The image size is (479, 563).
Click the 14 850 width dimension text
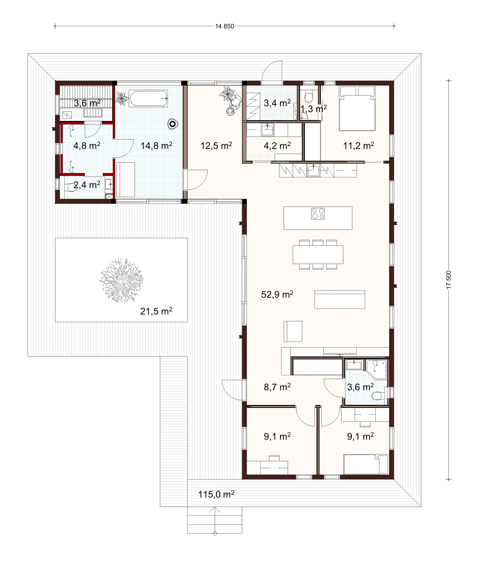point(225,26)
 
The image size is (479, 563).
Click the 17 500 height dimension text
point(448,280)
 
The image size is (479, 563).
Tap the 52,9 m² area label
point(277,294)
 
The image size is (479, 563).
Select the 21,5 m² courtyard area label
point(156,311)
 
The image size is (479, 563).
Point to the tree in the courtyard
point(121,280)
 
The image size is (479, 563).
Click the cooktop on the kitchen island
point(318,213)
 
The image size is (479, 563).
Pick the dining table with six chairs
point(318,255)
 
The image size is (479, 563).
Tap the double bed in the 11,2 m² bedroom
point(357,108)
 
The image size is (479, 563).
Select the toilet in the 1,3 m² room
point(308,96)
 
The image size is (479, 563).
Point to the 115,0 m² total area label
point(216,494)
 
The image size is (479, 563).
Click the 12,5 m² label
point(216,145)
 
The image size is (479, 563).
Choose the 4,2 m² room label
point(277,145)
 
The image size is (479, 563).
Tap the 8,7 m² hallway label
point(277,387)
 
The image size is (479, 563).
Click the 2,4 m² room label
point(87,185)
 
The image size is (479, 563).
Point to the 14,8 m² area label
point(156,145)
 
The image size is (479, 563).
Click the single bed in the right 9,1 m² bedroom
point(366,464)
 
